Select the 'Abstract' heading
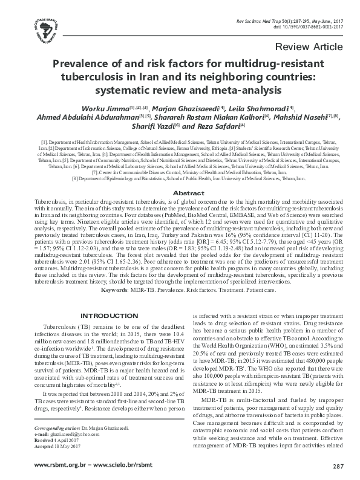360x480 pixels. tap(180, 176)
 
